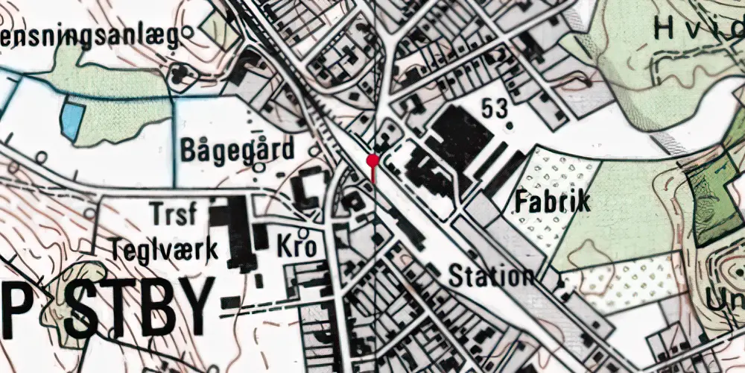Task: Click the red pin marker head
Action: pyautogui.click(x=372, y=160)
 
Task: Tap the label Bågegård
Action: pyautogui.click(x=237, y=150)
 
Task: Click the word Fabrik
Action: pyautogui.click(x=552, y=201)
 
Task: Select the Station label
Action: pyautogui.click(x=491, y=276)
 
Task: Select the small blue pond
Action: pyautogui.click(x=70, y=120)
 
